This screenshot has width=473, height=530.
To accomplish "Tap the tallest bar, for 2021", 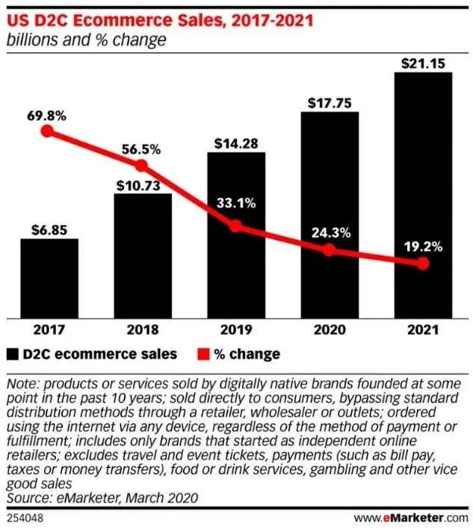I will click(x=422, y=195).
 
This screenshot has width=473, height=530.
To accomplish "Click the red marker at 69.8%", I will click(x=48, y=131).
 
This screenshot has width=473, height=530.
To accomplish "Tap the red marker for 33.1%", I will click(x=235, y=225).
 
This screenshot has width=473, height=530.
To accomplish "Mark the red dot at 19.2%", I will click(x=422, y=264).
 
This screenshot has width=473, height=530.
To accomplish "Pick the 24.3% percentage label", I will click(x=330, y=232).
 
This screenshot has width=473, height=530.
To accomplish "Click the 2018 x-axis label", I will click(x=142, y=327).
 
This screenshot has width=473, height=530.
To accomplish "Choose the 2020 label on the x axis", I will click(x=329, y=327).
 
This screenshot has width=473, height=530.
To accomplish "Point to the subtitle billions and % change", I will click(x=85, y=40).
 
